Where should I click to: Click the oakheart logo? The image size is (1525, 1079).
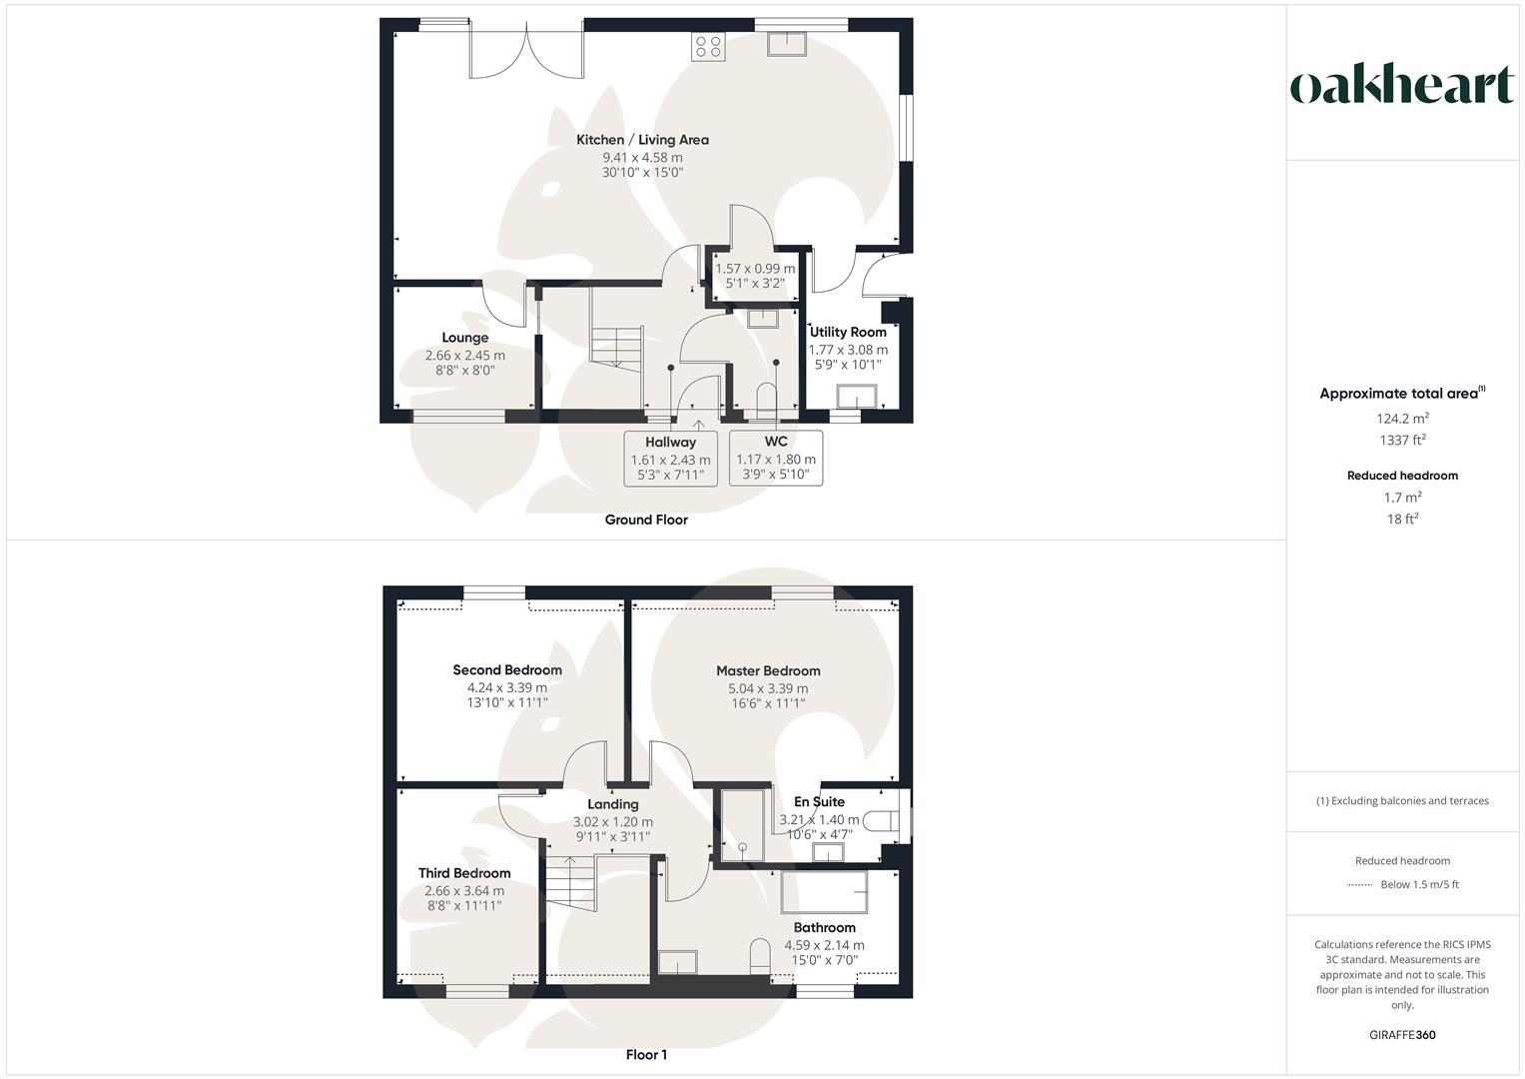pyautogui.click(x=1401, y=86)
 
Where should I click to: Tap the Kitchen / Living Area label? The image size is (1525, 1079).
pyautogui.click(x=642, y=140)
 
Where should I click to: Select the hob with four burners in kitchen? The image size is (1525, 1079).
pyautogui.click(x=708, y=46)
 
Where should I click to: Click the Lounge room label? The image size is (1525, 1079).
pyautogui.click(x=464, y=338)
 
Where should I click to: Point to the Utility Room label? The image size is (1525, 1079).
pyautogui.click(x=848, y=332)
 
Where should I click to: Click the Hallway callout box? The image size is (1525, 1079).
pyautogui.click(x=670, y=458)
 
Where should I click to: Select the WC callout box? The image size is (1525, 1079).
pyautogui.click(x=776, y=458)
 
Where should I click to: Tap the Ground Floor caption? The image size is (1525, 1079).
pyautogui.click(x=646, y=520)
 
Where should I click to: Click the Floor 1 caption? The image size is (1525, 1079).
pyautogui.click(x=646, y=1055)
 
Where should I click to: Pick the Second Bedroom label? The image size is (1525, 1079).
pyautogui.click(x=507, y=670)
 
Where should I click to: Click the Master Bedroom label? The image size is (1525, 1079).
pyautogui.click(x=768, y=671)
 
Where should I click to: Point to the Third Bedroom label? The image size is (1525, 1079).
pyautogui.click(x=464, y=873)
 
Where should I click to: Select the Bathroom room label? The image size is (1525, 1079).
pyautogui.click(x=824, y=928)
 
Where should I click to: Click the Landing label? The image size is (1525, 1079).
pyautogui.click(x=612, y=804)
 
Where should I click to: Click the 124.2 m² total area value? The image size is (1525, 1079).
pyautogui.click(x=1402, y=419)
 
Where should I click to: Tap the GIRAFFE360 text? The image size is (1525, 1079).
pyautogui.click(x=1402, y=1035)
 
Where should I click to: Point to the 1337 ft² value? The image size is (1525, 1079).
pyautogui.click(x=1402, y=440)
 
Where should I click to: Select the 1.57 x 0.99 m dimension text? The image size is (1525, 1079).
pyautogui.click(x=755, y=269)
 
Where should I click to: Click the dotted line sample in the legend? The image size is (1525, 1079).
pyautogui.click(x=1359, y=885)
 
